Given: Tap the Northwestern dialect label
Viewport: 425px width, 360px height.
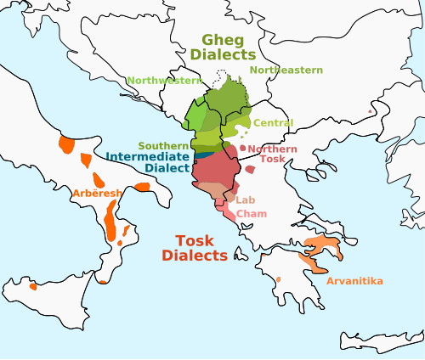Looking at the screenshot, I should pyautogui.click(x=164, y=81).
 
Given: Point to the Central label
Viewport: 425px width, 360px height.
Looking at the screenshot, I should pyautogui.click(x=273, y=123).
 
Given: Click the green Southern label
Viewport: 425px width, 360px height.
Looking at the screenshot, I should pyautogui.click(x=163, y=146).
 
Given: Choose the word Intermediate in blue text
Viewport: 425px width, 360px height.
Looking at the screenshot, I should pyautogui.click(x=149, y=157).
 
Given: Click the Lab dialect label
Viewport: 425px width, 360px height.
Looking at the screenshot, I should pyautogui.click(x=245, y=200).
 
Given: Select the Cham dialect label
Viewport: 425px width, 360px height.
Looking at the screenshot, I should pyautogui.click(x=251, y=213).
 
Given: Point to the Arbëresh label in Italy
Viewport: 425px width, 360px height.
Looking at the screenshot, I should pyautogui.click(x=97, y=194).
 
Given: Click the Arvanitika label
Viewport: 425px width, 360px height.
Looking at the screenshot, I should pyautogui.click(x=355, y=281).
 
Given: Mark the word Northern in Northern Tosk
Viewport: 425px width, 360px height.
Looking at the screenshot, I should pyautogui.click(x=273, y=149).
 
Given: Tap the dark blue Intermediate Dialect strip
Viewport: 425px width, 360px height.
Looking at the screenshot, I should pyautogui.click(x=204, y=155).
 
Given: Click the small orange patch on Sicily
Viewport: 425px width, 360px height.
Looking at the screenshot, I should pyautogui.click(x=32, y=285).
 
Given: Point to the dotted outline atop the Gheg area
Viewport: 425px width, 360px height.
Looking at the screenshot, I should pyautogui.click(x=223, y=75).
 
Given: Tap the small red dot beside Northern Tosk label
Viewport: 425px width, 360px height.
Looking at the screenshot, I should pyautogui.click(x=243, y=149).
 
